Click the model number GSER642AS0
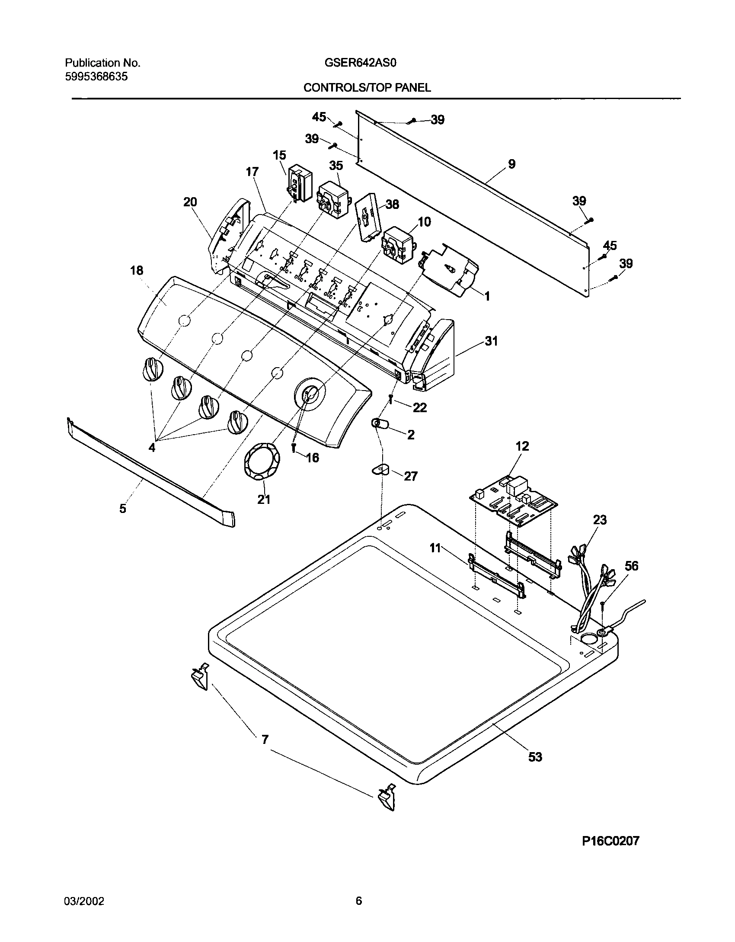click(x=360, y=63)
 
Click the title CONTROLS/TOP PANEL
click(x=367, y=88)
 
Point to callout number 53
click(x=535, y=756)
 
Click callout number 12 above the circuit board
click(x=522, y=446)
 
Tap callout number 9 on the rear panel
click(x=511, y=164)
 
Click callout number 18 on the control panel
click(x=137, y=271)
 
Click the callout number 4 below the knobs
click(x=152, y=448)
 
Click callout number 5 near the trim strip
click(x=123, y=508)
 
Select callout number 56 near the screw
click(x=631, y=566)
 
